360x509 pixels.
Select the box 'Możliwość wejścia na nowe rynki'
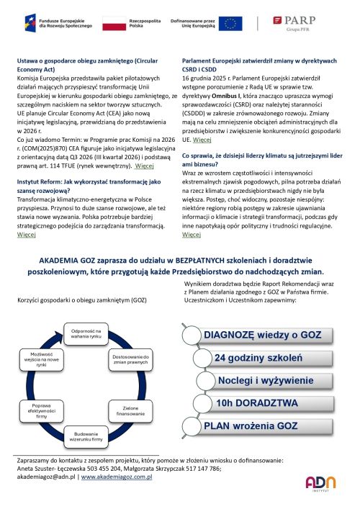click(42, 359)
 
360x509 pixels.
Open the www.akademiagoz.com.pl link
click(117, 477)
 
